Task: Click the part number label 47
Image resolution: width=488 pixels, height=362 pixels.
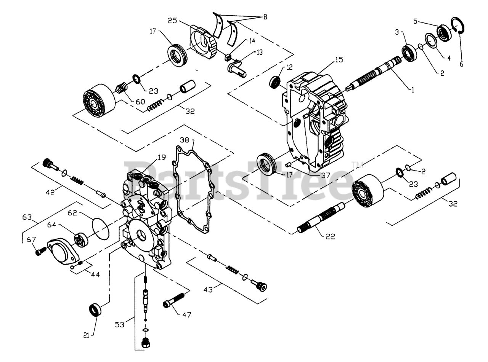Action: point(187,315)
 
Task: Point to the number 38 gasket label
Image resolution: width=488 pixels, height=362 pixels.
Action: point(184,140)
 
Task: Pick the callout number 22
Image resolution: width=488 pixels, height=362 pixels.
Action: point(330,236)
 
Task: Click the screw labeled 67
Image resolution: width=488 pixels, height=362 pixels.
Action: point(40,251)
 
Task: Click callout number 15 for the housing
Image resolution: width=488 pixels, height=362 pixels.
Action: point(339,60)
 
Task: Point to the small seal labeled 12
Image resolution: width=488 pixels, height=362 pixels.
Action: point(275,81)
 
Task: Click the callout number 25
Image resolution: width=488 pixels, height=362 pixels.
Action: point(172,20)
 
